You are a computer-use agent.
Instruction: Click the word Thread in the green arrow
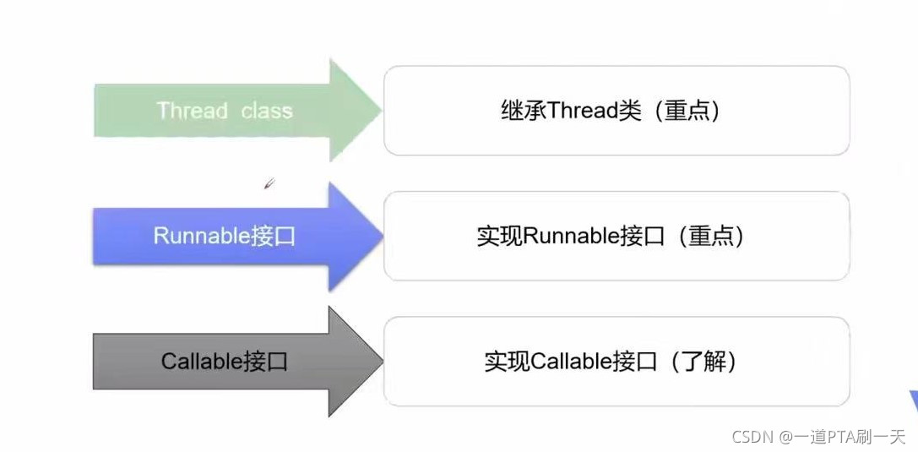193,111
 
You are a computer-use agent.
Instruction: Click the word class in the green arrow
266,111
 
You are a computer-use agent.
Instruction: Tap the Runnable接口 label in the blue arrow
225,236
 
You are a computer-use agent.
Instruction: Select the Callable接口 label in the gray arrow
225,362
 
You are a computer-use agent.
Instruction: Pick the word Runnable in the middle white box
572,236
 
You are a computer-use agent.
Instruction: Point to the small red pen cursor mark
269,183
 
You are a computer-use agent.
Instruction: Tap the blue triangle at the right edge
912,403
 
